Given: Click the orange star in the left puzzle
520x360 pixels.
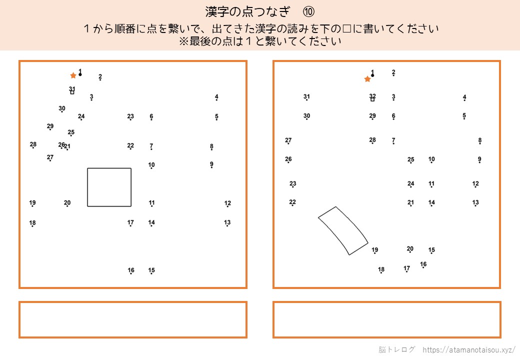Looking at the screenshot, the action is (x=73, y=75).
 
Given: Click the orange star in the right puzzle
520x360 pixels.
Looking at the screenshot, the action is (x=367, y=79).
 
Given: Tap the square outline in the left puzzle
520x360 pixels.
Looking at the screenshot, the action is (x=109, y=168).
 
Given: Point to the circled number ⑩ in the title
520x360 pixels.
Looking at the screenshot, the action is (x=308, y=12).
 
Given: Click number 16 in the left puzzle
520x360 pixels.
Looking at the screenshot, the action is (x=131, y=270).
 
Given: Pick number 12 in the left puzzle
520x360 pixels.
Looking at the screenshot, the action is (x=227, y=203).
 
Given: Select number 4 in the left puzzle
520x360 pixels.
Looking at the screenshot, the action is (x=216, y=97).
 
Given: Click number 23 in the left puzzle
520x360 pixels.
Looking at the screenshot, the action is (x=130, y=116).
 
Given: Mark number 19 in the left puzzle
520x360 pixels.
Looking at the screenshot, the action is (x=32, y=202).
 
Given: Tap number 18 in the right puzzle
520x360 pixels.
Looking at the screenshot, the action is (x=381, y=269).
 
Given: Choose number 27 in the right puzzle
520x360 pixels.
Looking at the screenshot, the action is (x=288, y=140).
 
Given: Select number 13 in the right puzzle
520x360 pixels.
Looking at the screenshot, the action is (x=475, y=202).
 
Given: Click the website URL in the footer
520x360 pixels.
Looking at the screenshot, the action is (x=469, y=349).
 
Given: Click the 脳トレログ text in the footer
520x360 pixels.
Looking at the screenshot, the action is (x=396, y=349).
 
